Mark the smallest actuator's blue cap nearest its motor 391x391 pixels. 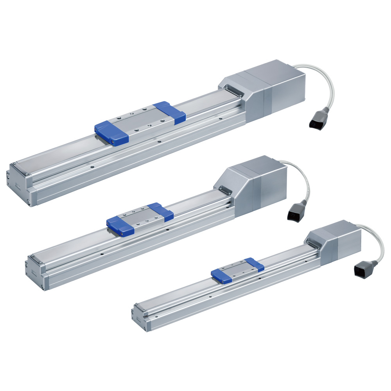coord(255,265)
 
